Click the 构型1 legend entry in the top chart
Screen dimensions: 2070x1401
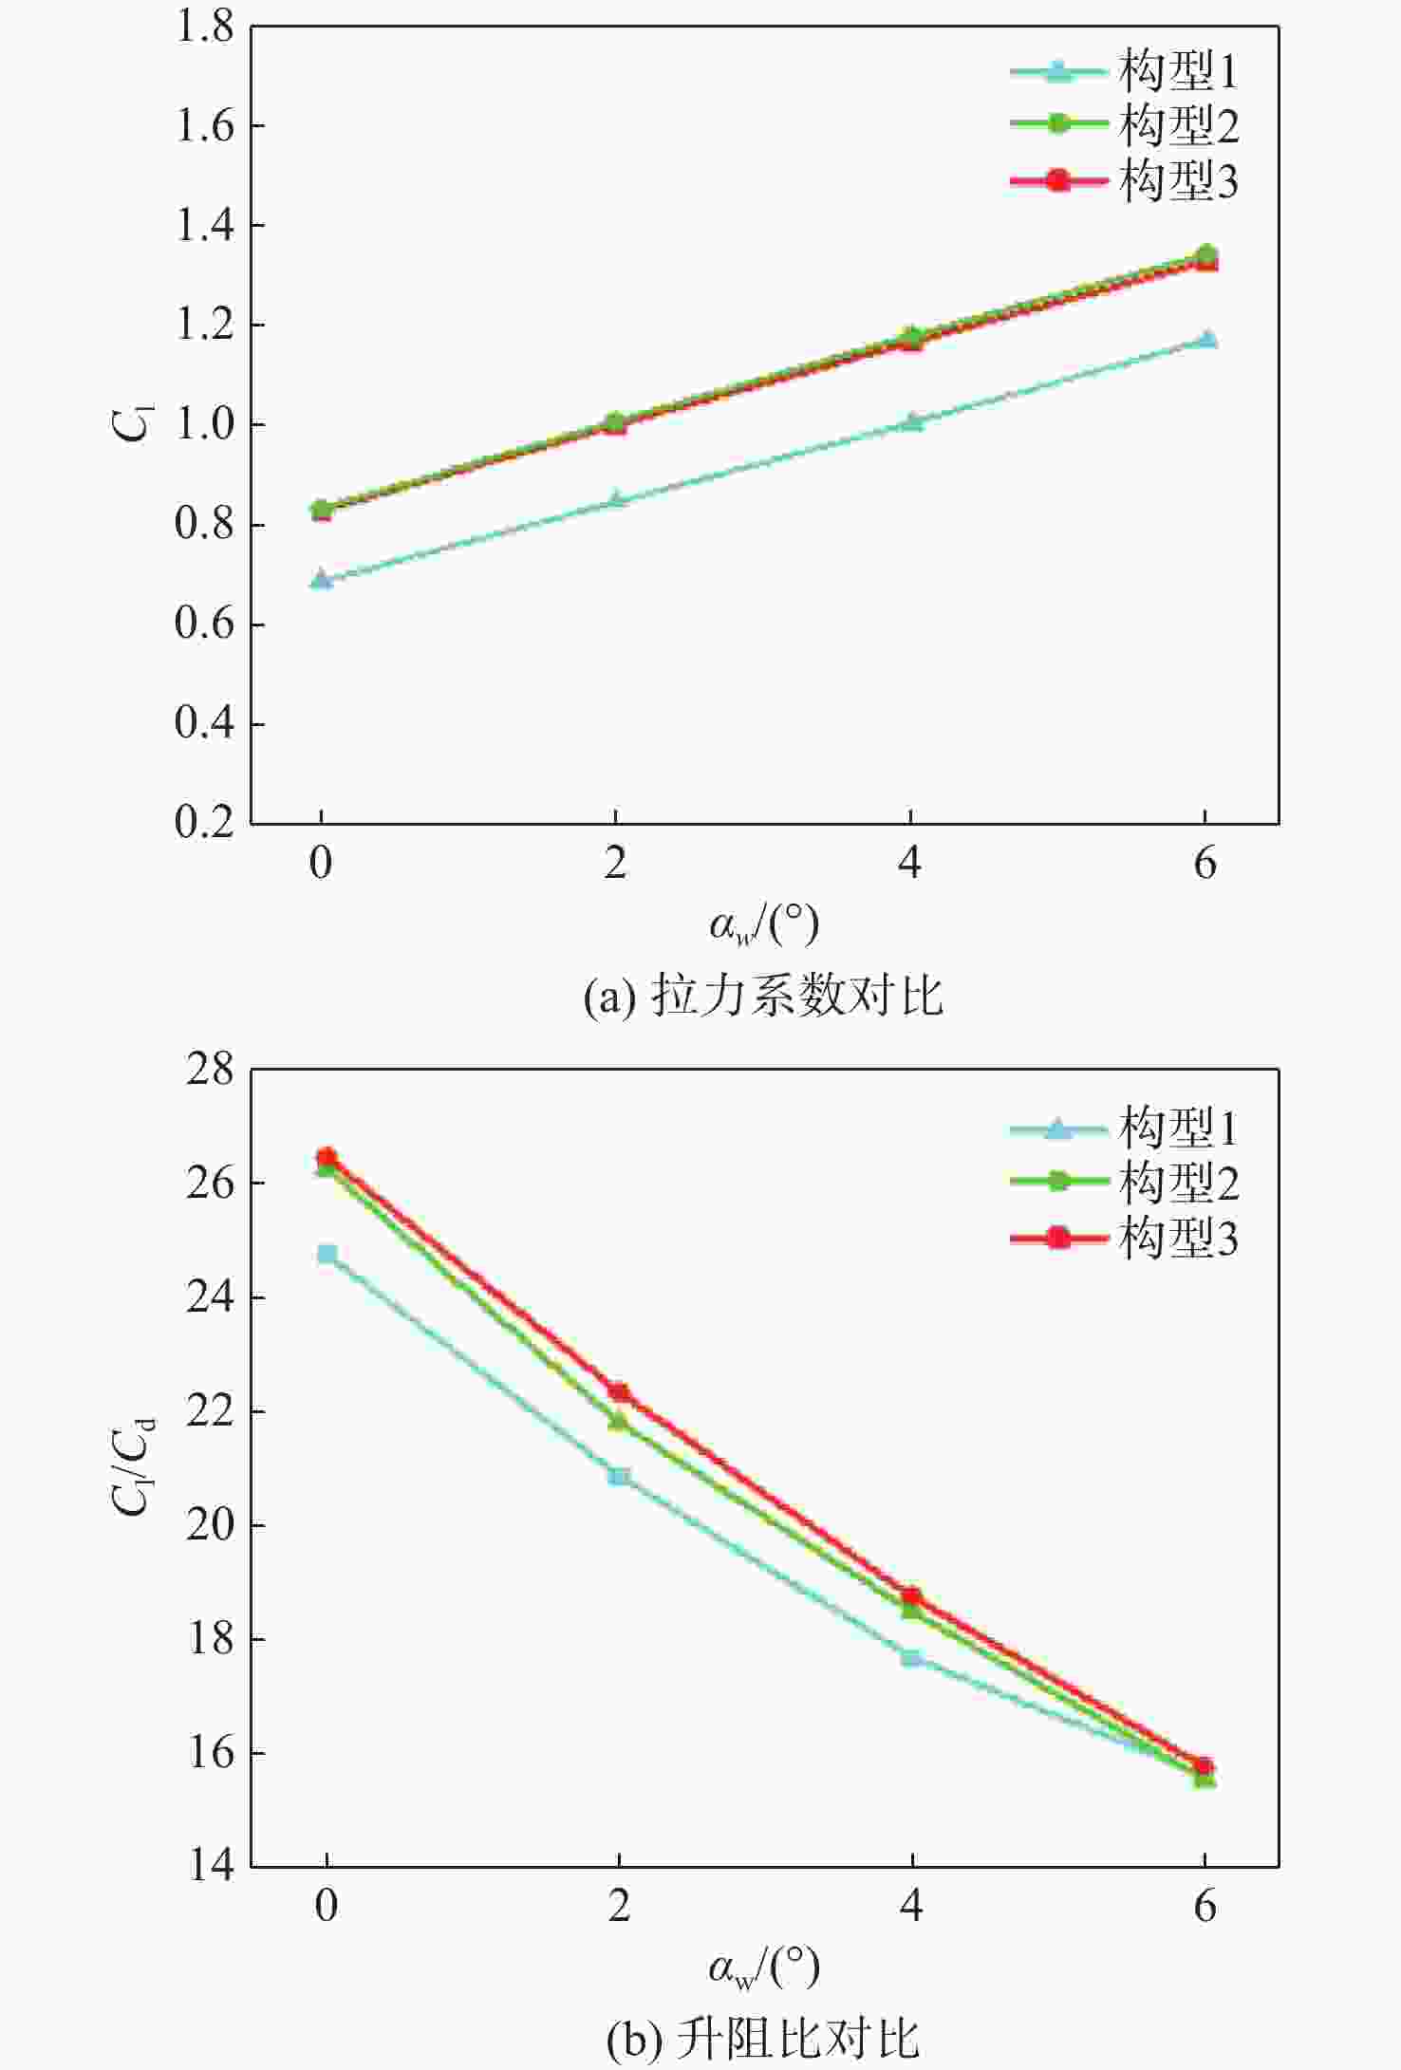[1125, 71]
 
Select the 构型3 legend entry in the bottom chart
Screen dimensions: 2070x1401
[1125, 1239]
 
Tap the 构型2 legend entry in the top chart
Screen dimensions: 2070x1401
[1125, 125]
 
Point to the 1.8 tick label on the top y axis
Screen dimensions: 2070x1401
[204, 27]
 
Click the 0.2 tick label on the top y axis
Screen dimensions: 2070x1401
[204, 822]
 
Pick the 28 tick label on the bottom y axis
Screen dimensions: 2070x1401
[210, 1071]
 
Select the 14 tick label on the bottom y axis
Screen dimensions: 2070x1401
[210, 1865]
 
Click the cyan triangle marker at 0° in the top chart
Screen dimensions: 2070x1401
[322, 579]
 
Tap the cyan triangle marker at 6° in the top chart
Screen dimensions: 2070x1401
[1206, 339]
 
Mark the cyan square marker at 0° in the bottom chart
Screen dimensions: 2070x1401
[327, 1254]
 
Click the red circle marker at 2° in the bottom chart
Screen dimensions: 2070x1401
[619, 1391]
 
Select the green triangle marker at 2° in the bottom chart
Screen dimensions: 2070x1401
[619, 1421]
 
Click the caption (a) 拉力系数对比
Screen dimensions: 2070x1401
[763, 997]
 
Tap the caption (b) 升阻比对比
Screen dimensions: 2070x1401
[763, 2037]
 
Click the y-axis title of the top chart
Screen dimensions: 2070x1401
[131, 423]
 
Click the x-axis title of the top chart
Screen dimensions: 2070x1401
[763, 923]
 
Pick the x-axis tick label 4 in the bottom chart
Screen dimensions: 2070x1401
[911, 1904]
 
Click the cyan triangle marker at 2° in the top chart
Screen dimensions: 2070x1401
[616, 499]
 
